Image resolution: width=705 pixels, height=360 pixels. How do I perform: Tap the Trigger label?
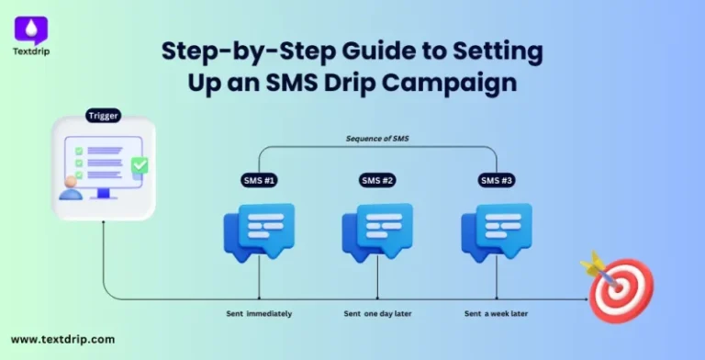click(103, 117)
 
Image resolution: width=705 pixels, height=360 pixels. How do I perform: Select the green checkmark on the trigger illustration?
click(139, 165)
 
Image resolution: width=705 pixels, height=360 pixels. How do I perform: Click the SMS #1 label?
click(259, 180)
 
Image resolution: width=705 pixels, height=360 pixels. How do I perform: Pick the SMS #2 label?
click(377, 180)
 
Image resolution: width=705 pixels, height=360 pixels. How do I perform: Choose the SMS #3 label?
click(496, 180)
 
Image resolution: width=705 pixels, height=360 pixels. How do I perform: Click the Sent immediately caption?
click(259, 314)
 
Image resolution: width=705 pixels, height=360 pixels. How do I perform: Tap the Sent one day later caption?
click(377, 314)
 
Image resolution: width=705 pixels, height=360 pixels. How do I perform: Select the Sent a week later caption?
click(496, 314)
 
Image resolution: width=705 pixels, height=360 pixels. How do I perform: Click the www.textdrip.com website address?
click(63, 339)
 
